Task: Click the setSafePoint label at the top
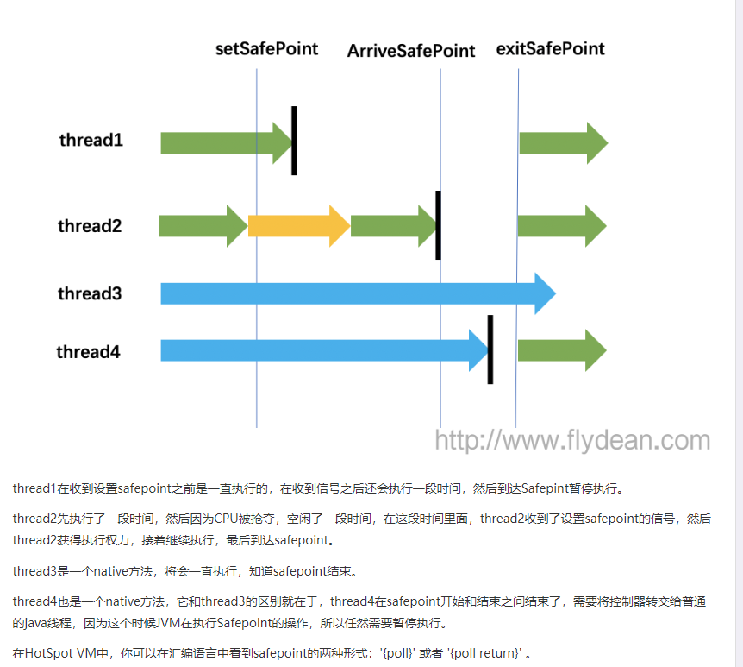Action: click(266, 48)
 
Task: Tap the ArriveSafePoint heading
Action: click(411, 51)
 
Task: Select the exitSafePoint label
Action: click(550, 48)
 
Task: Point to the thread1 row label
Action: click(91, 140)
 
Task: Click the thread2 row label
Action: click(90, 226)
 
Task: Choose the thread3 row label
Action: click(90, 293)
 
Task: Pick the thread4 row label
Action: click(88, 351)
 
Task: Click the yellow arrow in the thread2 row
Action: click(298, 226)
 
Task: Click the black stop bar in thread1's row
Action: click(294, 141)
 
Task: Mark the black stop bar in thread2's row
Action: click(438, 225)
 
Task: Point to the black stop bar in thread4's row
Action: click(490, 349)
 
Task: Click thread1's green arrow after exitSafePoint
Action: click(563, 142)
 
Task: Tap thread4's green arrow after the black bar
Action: click(561, 349)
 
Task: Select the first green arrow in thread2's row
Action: click(203, 226)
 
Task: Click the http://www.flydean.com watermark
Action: click(572, 441)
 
